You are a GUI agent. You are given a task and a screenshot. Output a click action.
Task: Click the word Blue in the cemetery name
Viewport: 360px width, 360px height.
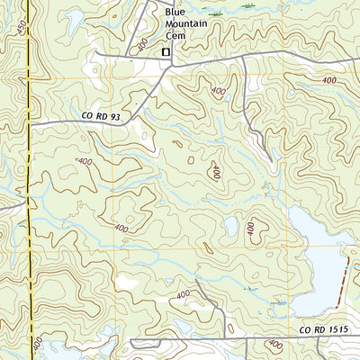173,12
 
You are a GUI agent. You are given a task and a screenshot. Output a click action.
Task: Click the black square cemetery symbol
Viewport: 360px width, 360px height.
166,53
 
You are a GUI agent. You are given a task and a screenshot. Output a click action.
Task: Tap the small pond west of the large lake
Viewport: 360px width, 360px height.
232,226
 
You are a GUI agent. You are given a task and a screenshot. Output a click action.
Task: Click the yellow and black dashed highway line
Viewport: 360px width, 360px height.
29,180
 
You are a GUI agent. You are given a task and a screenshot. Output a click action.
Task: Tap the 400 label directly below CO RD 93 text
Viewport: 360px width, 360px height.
85,162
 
